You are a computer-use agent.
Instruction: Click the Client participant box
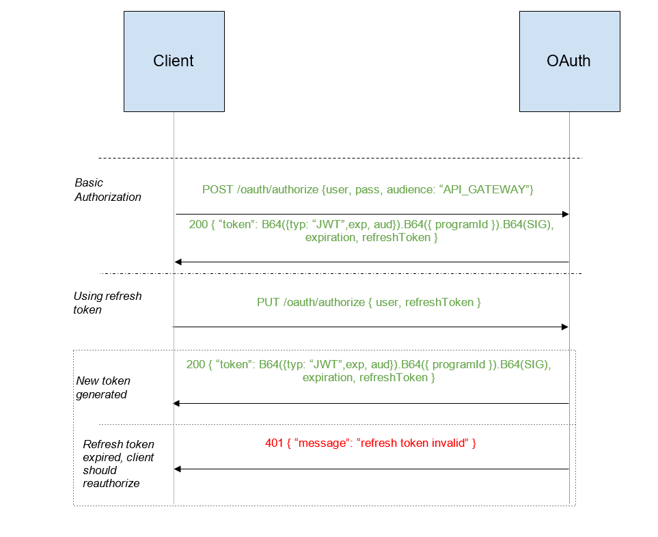pos(174,61)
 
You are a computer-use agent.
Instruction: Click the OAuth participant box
pos(568,61)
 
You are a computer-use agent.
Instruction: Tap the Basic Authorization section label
pos(107,190)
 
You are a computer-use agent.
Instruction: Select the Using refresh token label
pos(107,303)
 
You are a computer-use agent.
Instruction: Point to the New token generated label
pos(102,387)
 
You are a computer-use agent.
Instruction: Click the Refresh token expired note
pos(118,463)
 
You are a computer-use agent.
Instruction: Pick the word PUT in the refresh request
pos(268,302)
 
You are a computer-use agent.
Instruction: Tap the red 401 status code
pos(274,443)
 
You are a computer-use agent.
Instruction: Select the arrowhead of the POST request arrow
pos(565,214)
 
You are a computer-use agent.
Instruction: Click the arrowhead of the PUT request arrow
pos(565,327)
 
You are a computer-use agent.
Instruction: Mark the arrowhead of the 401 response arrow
pos(178,469)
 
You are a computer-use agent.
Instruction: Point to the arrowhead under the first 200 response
pos(178,262)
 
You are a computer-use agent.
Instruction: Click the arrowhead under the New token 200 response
pos(178,403)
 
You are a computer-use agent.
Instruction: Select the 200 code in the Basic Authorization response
pos(198,225)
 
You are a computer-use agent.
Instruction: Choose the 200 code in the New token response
pos(195,365)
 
